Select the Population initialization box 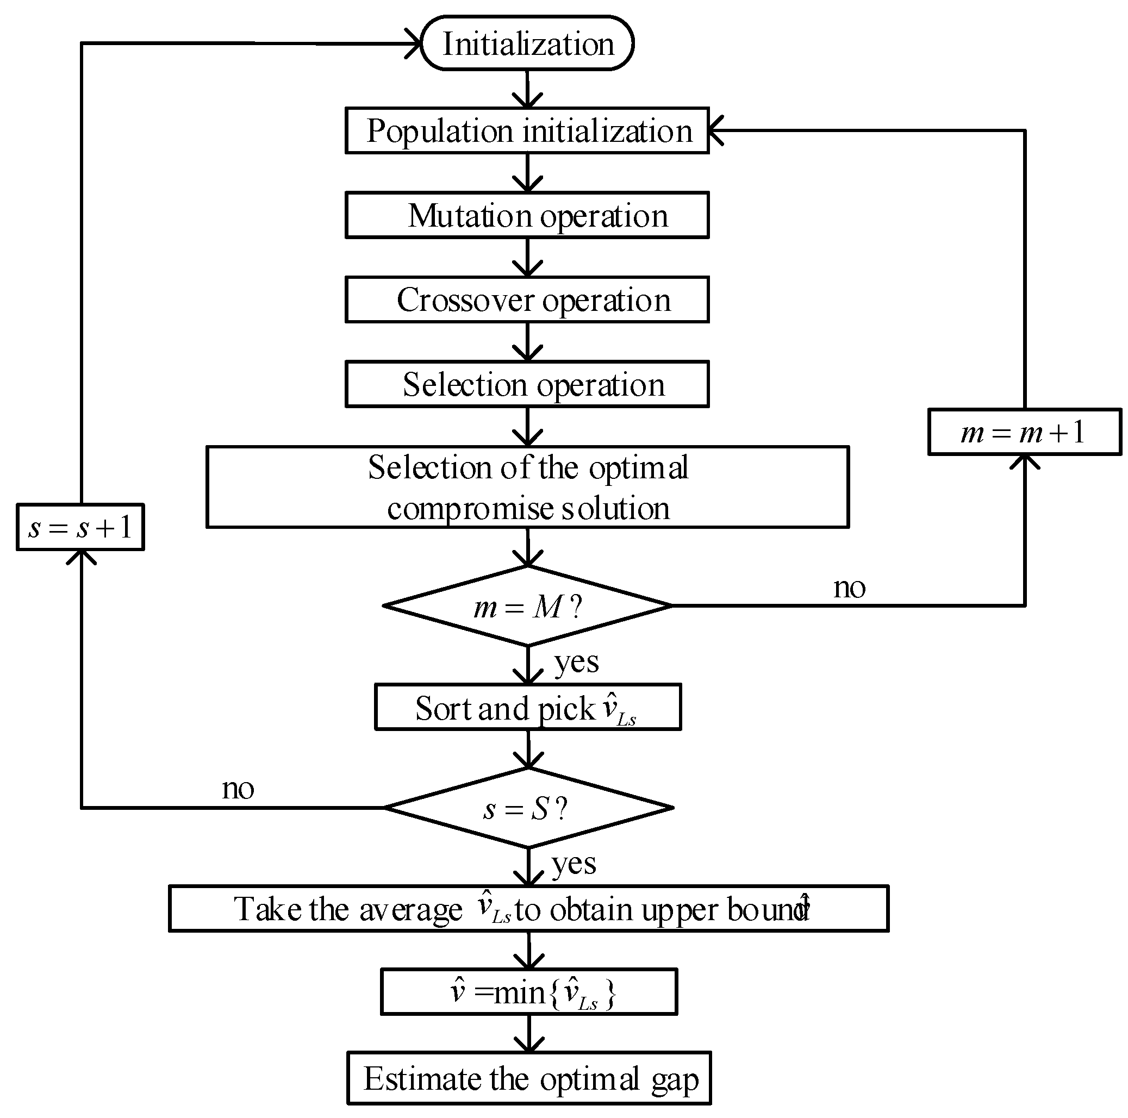point(527,131)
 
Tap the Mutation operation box point(527,215)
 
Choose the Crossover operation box point(527,300)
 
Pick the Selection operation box point(527,385)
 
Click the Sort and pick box point(527,708)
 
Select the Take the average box point(528,909)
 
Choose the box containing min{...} point(528,992)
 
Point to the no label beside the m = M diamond point(850,588)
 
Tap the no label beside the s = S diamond point(238,789)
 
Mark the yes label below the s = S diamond point(574,864)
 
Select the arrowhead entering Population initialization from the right point(715,131)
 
